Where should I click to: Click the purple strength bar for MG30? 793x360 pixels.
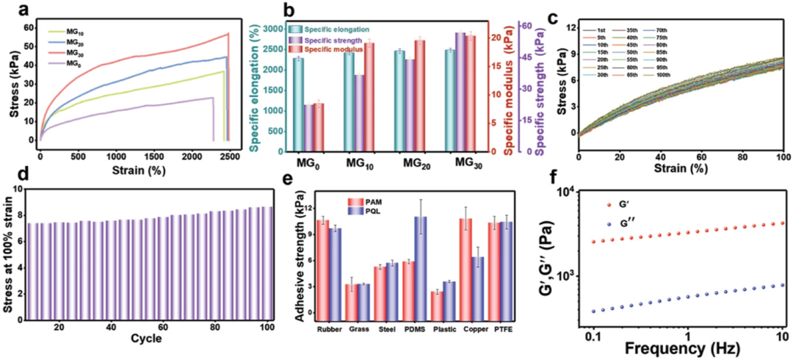(x=460, y=92)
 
